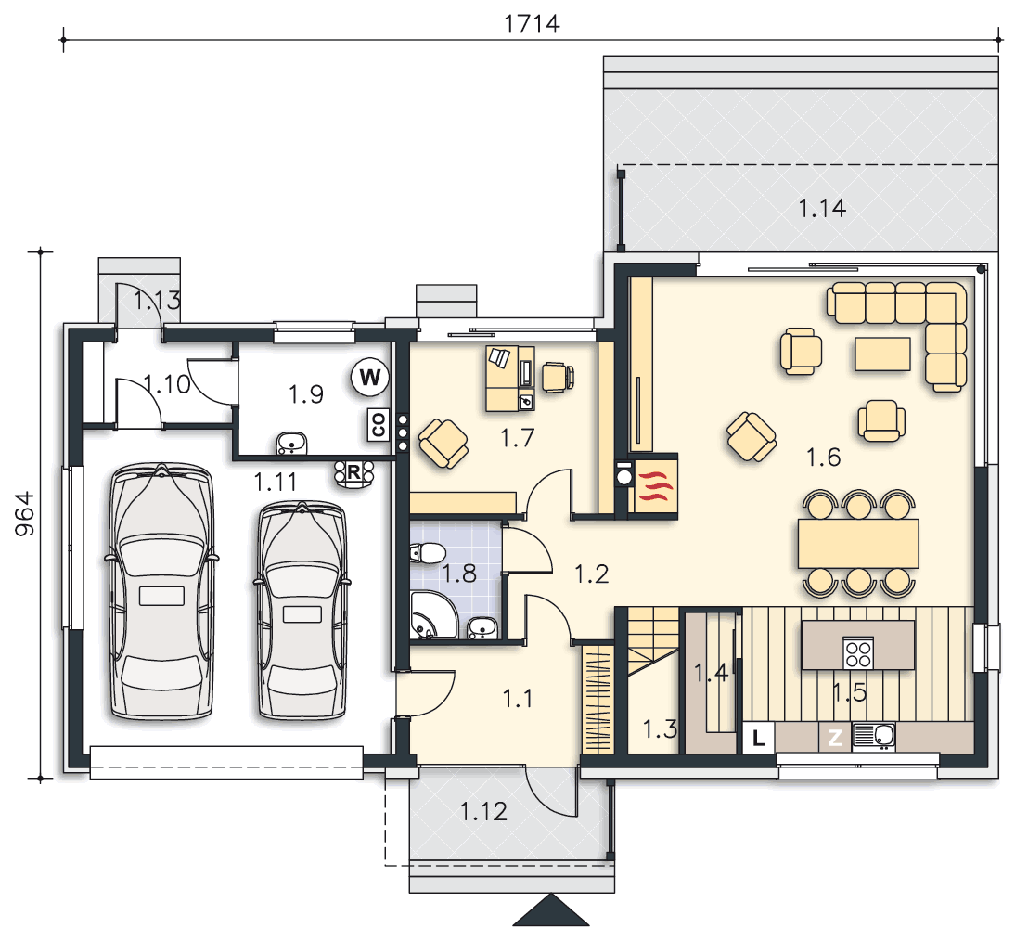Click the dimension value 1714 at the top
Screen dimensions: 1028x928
(x=532, y=24)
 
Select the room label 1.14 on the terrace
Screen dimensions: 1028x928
(x=822, y=209)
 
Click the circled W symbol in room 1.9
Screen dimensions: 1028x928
(x=370, y=377)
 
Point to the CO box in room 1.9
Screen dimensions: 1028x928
(x=379, y=425)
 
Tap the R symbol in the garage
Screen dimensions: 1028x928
(x=354, y=472)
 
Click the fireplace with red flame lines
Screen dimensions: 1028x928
(x=653, y=486)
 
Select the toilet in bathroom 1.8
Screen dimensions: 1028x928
(x=428, y=553)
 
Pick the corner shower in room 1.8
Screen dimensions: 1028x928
(x=432, y=614)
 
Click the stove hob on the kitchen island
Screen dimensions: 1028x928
(x=858, y=652)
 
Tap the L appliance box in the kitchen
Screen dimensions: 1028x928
(x=759, y=738)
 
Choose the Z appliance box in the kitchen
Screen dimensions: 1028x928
(x=835, y=738)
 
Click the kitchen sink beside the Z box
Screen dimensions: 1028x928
(x=874, y=737)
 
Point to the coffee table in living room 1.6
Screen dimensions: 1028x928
(x=882, y=354)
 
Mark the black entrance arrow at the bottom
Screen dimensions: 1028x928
(x=551, y=910)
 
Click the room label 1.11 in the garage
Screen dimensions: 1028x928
(x=276, y=483)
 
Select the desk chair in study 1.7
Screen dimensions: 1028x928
(x=558, y=377)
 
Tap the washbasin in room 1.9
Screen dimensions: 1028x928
(x=291, y=444)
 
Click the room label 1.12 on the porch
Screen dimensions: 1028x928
(x=483, y=812)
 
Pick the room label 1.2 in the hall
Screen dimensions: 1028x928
(x=591, y=574)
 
